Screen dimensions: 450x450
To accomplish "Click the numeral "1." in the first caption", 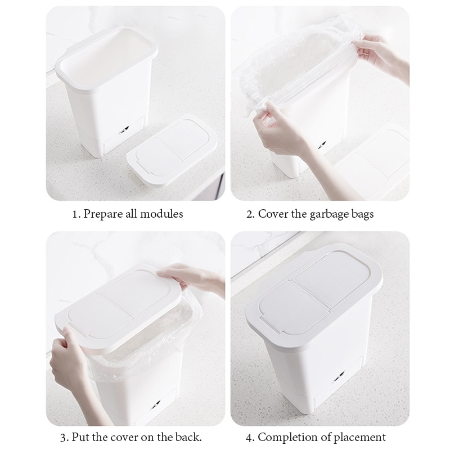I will coord(76,214).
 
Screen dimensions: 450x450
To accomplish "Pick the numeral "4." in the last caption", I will coord(251,437).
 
